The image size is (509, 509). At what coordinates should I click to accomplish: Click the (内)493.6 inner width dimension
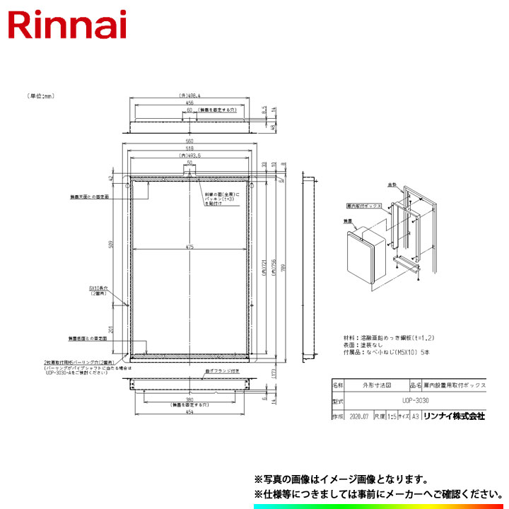click(189, 155)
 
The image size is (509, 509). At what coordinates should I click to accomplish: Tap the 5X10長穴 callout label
click(98, 289)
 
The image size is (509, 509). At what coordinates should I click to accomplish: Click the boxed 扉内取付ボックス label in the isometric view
click(365, 205)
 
